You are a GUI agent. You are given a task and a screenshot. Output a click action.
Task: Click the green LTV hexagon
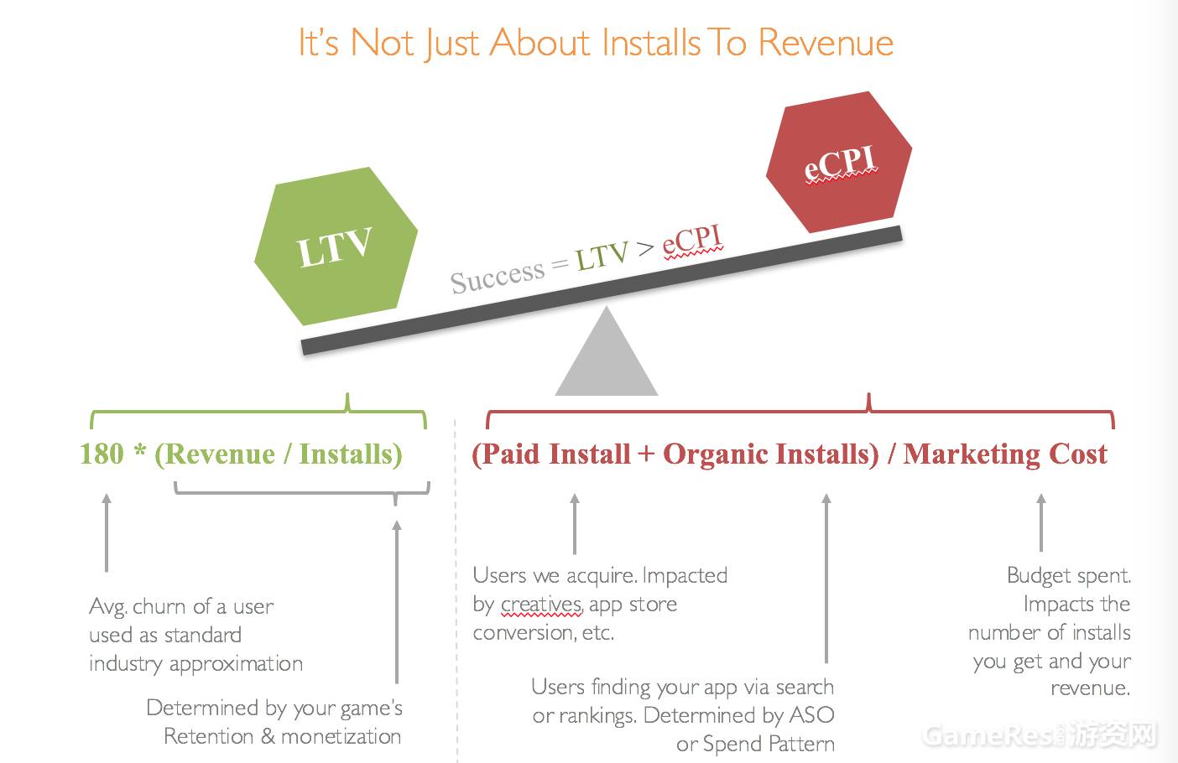pos(336,246)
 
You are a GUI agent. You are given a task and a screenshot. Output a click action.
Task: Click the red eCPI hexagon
pos(839,162)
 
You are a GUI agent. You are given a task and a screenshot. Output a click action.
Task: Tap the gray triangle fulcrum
pos(607,351)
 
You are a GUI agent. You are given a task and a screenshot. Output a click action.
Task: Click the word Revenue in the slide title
pos(826,43)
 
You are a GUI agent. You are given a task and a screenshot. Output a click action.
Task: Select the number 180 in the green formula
pos(102,454)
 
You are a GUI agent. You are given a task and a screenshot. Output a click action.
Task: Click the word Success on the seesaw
pos(497,277)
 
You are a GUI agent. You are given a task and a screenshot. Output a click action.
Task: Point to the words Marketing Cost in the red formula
pos(1005,454)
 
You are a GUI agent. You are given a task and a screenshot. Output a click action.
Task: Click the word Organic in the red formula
pos(713,454)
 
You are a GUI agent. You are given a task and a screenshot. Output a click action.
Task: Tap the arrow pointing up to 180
pos(107,532)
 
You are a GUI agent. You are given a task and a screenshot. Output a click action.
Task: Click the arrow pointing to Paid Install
pos(575,523)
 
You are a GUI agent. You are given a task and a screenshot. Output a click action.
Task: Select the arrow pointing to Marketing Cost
pos(1041,522)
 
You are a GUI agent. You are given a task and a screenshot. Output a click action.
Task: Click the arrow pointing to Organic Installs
pos(826,578)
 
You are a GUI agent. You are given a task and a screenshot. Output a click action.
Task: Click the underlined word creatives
pos(541,605)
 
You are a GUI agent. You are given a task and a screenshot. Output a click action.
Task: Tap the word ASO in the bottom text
pos(812,715)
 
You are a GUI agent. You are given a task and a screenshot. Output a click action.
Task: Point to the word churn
pos(160,606)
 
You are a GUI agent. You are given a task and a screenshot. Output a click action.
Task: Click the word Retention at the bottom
pos(209,737)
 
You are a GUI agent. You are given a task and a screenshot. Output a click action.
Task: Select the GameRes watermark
pos(1040,735)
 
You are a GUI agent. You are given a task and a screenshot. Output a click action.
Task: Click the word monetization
pos(341,737)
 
